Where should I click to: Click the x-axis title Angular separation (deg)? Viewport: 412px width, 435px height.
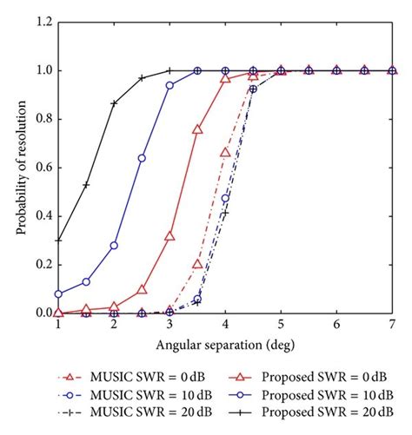(225, 345)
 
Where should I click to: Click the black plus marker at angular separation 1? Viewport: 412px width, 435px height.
(58, 240)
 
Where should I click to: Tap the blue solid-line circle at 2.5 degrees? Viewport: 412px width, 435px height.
(142, 158)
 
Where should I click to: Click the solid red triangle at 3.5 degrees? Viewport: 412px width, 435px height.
(197, 129)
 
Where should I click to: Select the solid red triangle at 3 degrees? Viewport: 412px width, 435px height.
(169, 235)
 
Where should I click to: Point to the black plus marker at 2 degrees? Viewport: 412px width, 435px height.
(114, 103)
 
